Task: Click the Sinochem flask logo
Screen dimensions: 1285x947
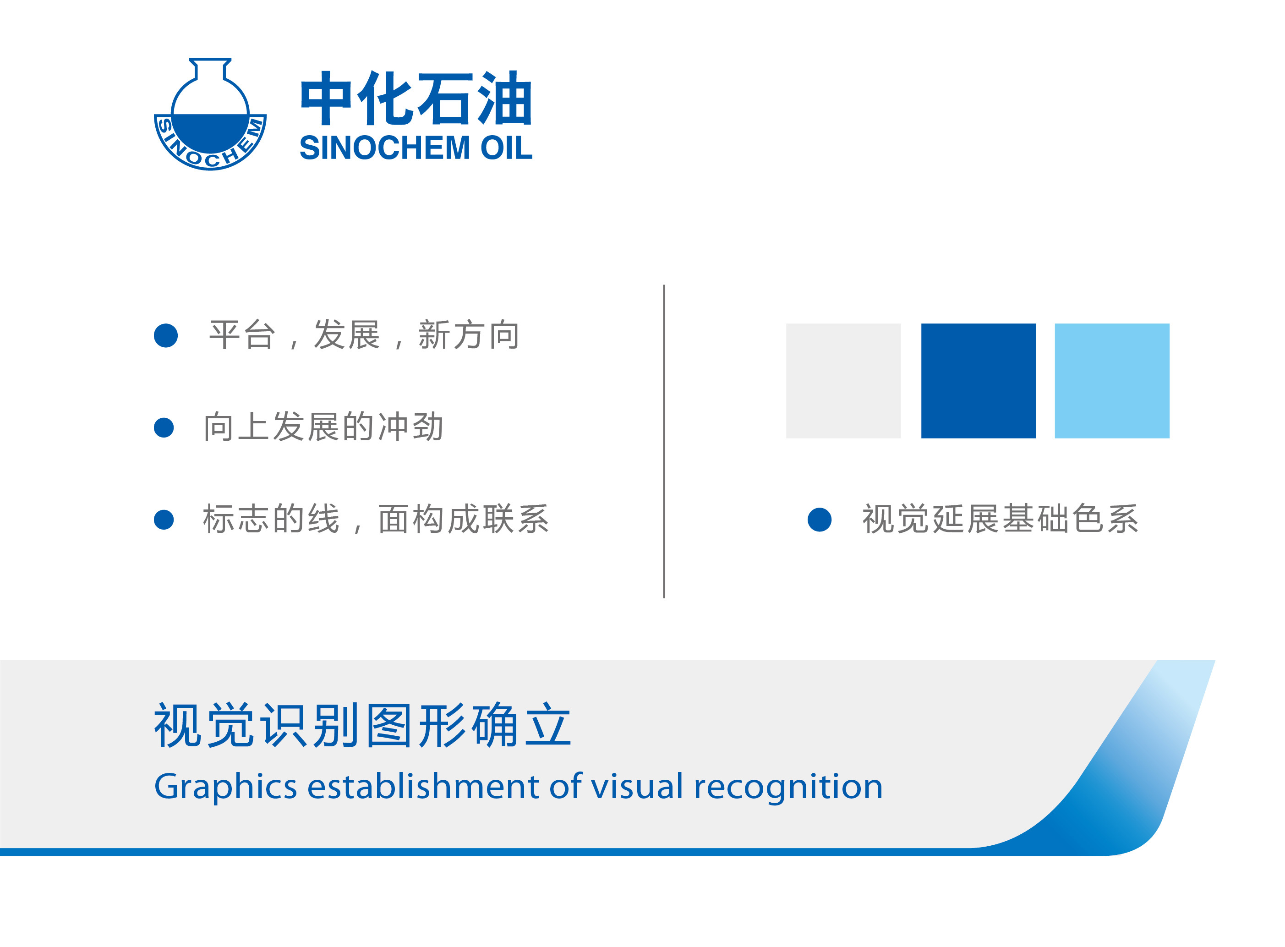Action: [x=210, y=114]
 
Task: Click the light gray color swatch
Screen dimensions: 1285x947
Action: [x=843, y=381]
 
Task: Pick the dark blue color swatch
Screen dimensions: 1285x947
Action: [x=979, y=381]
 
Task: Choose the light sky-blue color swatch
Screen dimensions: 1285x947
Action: [x=1112, y=381]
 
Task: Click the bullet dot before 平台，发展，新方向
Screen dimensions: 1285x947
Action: [x=166, y=335]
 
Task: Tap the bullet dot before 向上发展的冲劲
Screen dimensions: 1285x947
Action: [x=164, y=427]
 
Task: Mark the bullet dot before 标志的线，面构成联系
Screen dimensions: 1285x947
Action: [x=164, y=520]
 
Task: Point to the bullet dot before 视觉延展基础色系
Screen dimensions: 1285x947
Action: [x=820, y=520]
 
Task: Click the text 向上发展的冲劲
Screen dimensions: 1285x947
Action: [x=324, y=427]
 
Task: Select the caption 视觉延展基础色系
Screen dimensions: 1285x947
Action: [x=1000, y=519]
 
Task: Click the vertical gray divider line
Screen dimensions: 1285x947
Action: [x=664, y=441]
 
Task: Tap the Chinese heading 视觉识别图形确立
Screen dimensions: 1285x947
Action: [x=363, y=725]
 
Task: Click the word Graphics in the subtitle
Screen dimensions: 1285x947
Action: [x=225, y=787]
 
